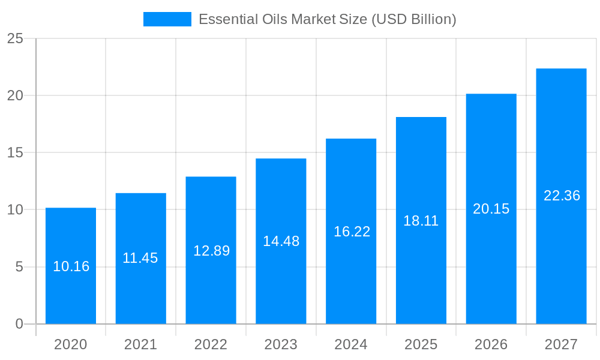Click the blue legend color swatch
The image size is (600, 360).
[x=167, y=19]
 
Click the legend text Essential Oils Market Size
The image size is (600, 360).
[x=327, y=19]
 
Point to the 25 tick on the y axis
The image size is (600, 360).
[x=15, y=39]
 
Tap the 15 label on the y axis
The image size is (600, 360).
[x=15, y=153]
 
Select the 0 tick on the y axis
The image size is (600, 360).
[x=19, y=324]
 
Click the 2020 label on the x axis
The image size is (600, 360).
[x=71, y=344]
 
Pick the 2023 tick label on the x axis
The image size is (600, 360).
[x=281, y=344]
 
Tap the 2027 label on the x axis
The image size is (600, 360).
[x=561, y=344]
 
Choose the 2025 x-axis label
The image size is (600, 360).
[x=421, y=344]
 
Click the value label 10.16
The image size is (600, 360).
[x=71, y=266]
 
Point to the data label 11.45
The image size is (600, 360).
[x=140, y=258]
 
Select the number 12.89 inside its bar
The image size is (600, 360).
[x=211, y=251]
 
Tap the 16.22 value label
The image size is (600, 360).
[x=352, y=232]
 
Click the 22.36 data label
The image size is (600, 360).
[x=562, y=196]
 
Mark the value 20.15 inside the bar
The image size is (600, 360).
[x=491, y=209]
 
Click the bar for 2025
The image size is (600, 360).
[x=421, y=270]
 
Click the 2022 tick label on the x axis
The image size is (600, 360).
[x=211, y=344]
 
